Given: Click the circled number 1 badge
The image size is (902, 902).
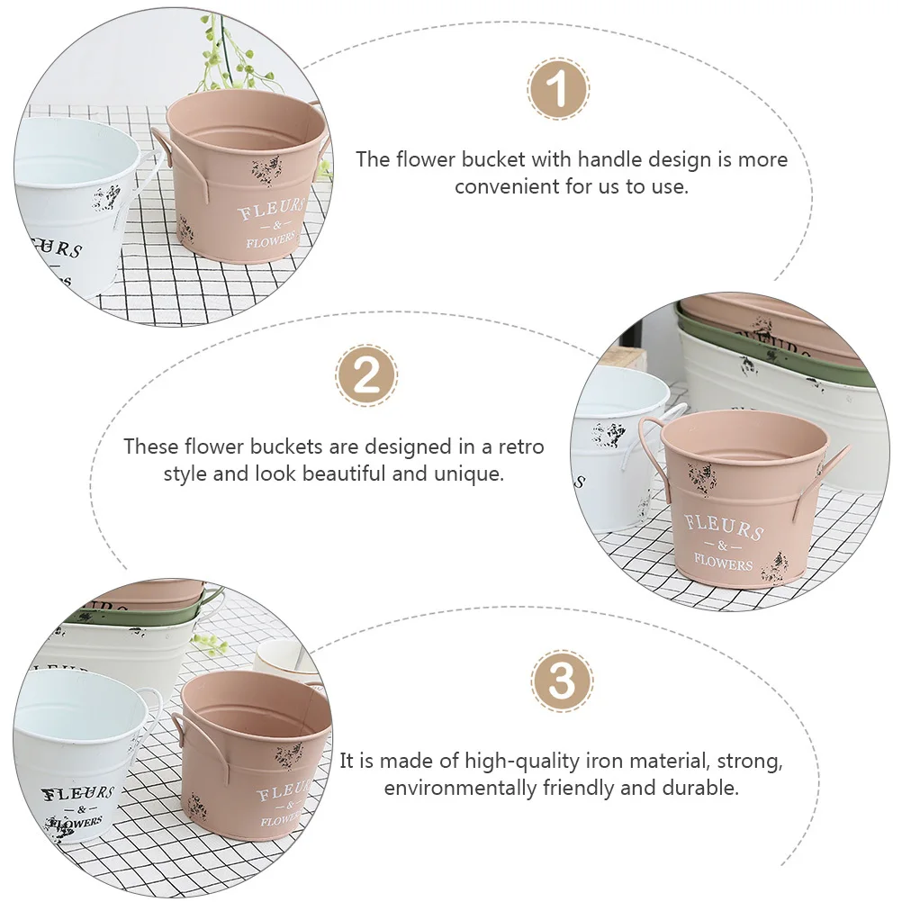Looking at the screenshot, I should (x=558, y=90).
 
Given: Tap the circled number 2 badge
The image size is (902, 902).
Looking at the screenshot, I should (x=366, y=375).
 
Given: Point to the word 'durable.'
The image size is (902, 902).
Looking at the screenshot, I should (x=699, y=789).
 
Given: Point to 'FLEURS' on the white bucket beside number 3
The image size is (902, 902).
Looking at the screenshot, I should (x=79, y=794).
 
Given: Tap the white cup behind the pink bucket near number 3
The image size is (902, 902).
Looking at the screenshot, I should (x=284, y=657).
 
